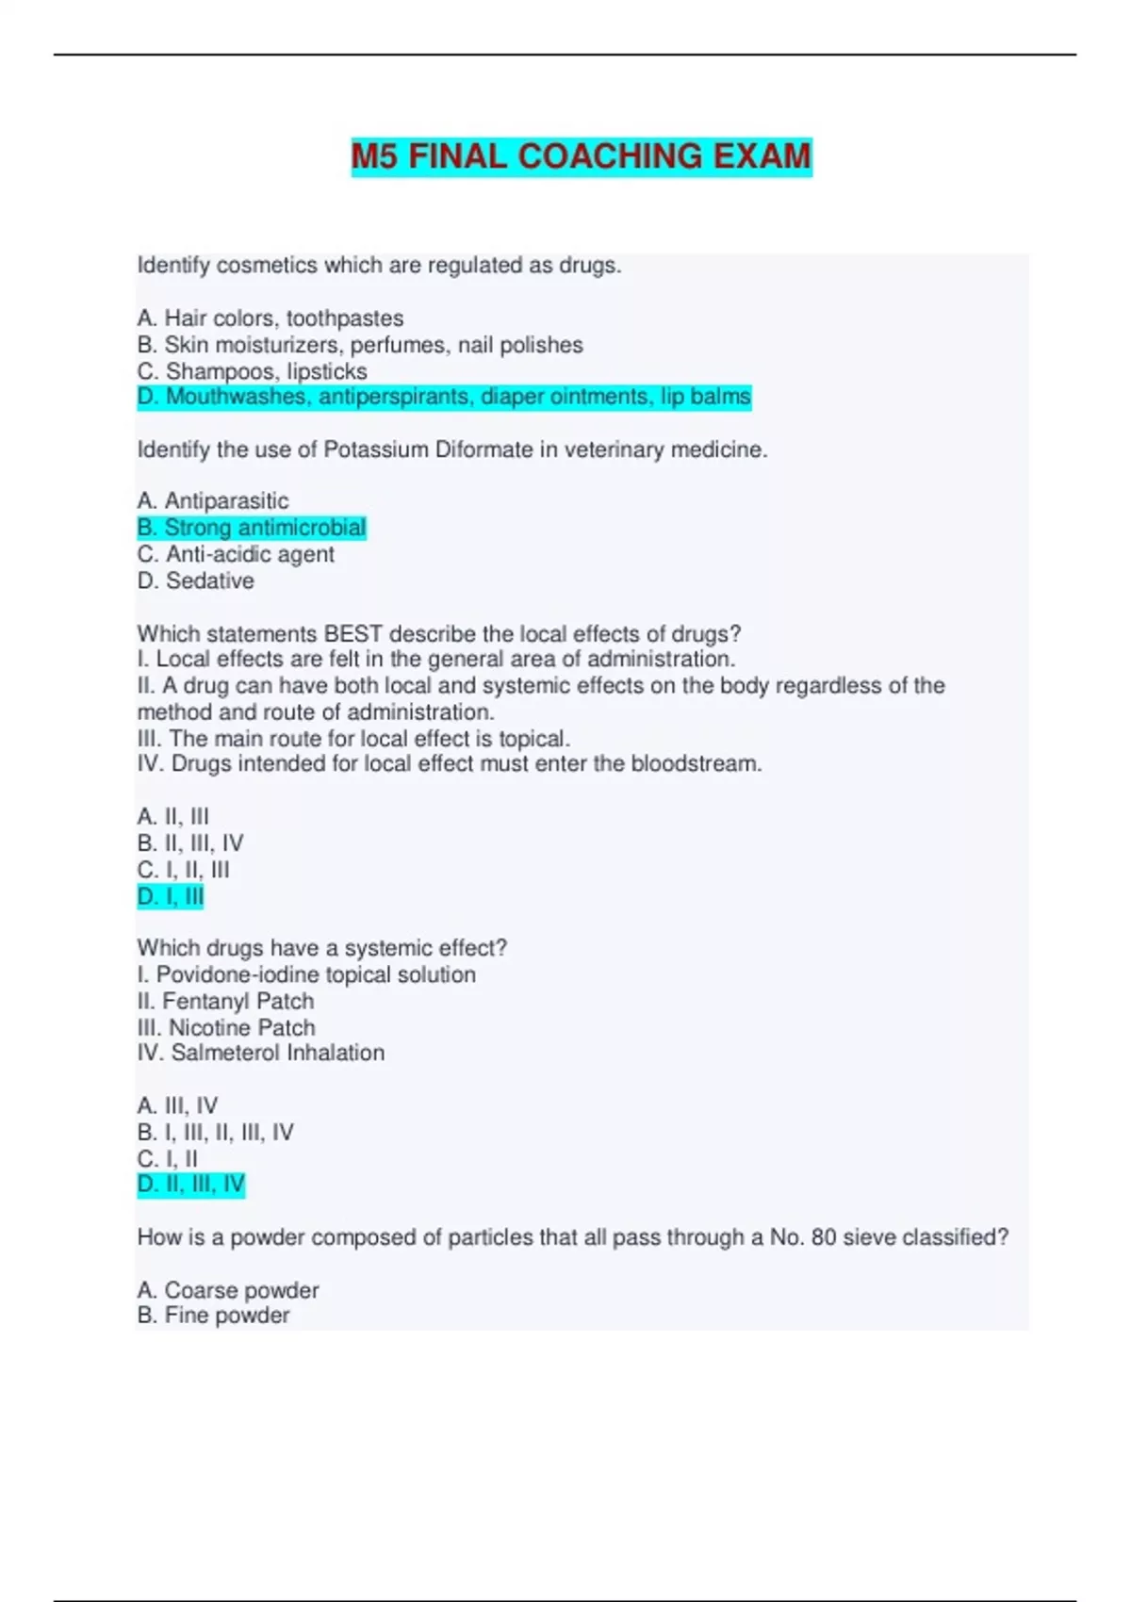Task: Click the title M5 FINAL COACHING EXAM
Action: [x=581, y=156]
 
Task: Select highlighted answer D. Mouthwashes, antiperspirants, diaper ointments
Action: [x=444, y=397]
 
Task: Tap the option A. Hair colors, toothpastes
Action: [x=270, y=319]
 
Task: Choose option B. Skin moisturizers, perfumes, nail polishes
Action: [x=360, y=345]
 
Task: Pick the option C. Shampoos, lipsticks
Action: [x=253, y=371]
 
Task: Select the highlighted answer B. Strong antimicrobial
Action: [x=252, y=528]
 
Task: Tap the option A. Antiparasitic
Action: [x=213, y=500]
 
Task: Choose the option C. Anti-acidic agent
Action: [x=236, y=554]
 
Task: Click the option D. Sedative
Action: [x=196, y=580]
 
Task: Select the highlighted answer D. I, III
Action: [x=171, y=896]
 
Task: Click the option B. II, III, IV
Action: [x=190, y=843]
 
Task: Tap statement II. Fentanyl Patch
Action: [x=226, y=1001]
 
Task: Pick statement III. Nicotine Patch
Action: [x=226, y=1027]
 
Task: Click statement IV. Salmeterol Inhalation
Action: [x=261, y=1053]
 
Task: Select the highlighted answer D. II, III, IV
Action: [x=191, y=1185]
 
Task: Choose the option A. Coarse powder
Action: [x=228, y=1289]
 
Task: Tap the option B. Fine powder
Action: [x=213, y=1316]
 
